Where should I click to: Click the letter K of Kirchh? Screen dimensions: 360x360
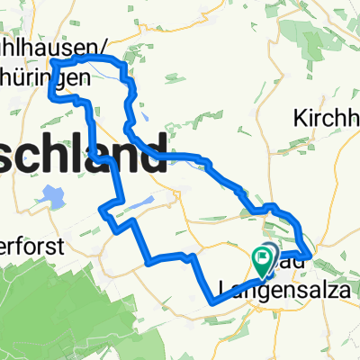pos(300,117)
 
